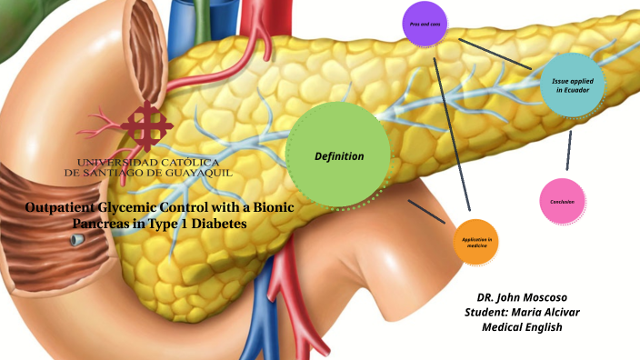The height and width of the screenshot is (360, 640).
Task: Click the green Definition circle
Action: tap(338, 155)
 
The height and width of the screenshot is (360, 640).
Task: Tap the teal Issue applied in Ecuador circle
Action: tap(572, 86)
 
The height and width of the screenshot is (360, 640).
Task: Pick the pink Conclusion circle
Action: tap(561, 201)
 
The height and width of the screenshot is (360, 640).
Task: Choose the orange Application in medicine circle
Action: tap(476, 242)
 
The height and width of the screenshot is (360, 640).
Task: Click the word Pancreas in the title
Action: tap(104, 223)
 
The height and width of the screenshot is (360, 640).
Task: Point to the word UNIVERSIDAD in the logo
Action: tap(111, 161)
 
